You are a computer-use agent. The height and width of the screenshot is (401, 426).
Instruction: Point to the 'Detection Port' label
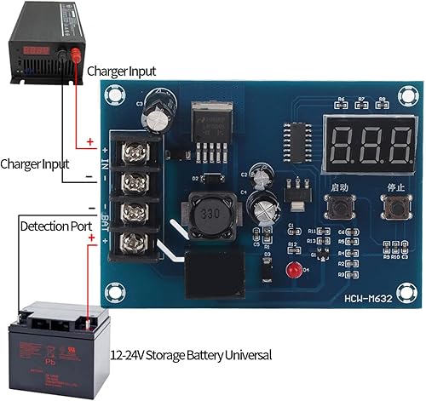[x=53, y=227]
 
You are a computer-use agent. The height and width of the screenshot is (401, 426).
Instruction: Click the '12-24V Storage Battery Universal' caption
[x=191, y=354]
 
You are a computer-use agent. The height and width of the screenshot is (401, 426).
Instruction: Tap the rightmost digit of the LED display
[x=400, y=148]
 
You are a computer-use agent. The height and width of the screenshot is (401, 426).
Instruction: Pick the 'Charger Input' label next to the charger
[x=120, y=72]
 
